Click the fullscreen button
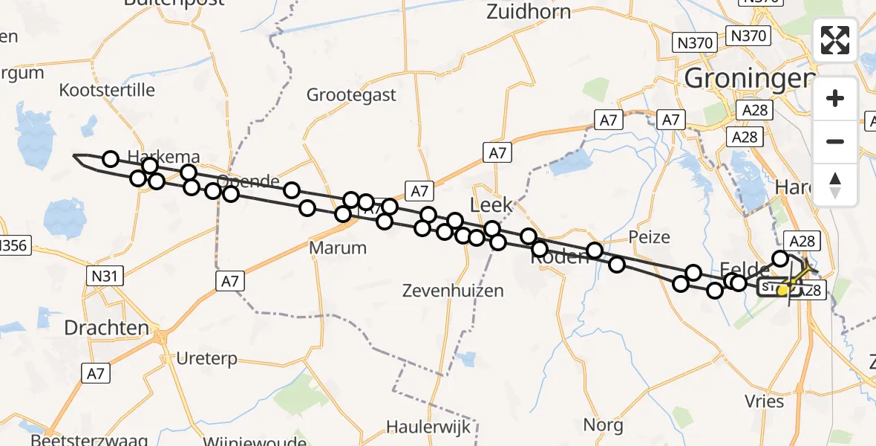pos(836,40)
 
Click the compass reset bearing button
pos(836,185)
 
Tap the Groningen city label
pos(746,77)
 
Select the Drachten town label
pos(107,328)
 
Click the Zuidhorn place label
pos(529,12)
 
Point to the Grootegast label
pos(352,95)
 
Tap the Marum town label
pos(339,248)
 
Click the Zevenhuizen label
pos(453,291)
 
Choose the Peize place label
pos(649,238)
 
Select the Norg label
pos(603,424)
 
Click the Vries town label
pos(765,401)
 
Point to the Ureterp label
pos(207,359)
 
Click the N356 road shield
pos(13,246)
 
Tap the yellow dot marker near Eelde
pos(782,291)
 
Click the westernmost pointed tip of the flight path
pos(73,155)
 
